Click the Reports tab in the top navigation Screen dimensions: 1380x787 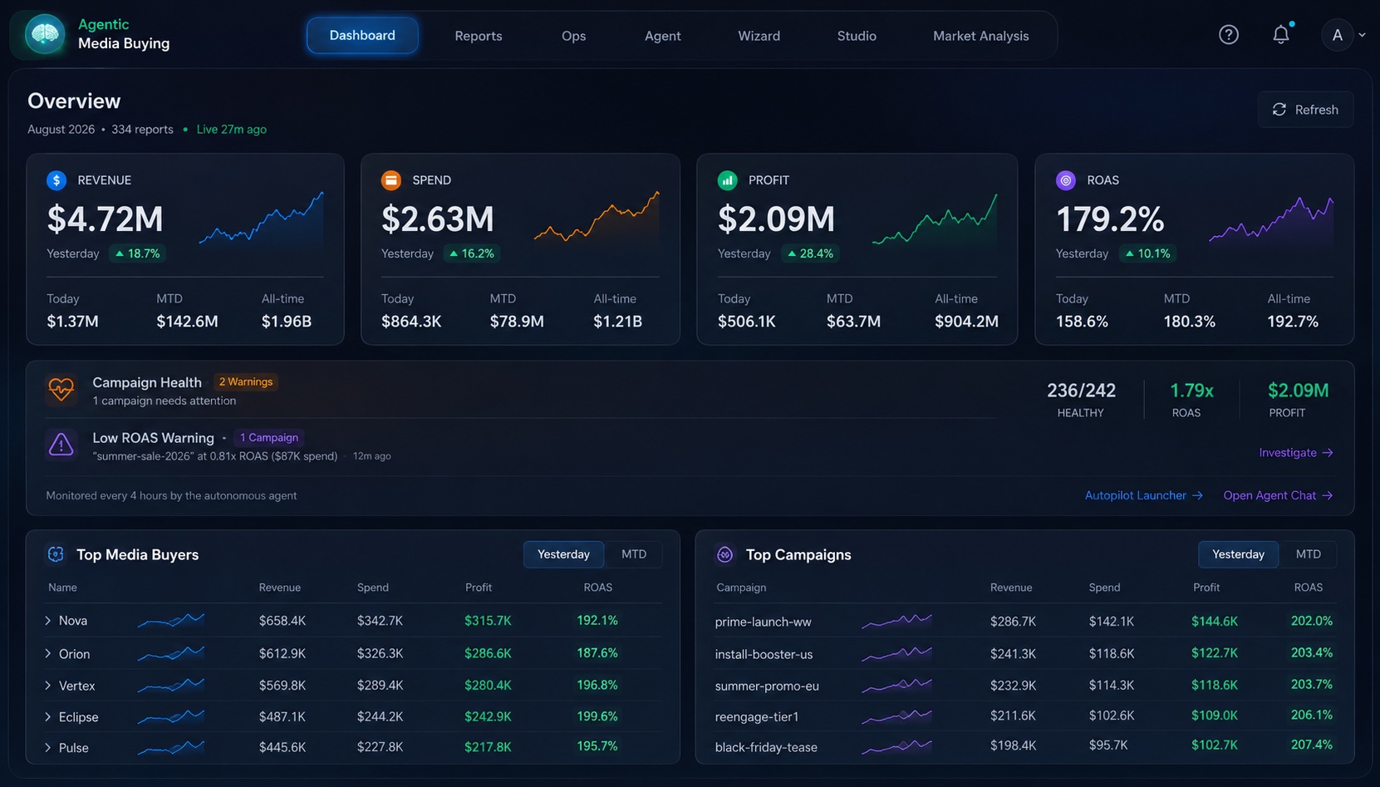(478, 36)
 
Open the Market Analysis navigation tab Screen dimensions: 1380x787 (980, 36)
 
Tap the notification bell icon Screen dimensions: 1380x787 (1281, 35)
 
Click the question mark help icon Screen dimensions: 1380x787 (1229, 35)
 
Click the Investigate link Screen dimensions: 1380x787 (1295, 452)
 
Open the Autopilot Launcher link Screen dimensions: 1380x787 (1143, 495)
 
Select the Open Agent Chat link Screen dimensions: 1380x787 (1278, 495)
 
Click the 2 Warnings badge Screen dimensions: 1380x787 (246, 382)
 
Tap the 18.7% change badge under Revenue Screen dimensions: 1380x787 (137, 253)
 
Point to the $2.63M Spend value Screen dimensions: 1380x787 (437, 219)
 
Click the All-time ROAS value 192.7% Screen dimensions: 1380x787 (1293, 322)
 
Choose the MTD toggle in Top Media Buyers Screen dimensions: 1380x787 (633, 554)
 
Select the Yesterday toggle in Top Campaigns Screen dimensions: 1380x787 (1238, 554)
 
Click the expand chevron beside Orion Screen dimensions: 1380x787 (48, 653)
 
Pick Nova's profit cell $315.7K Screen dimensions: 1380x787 (488, 621)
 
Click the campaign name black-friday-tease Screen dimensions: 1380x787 (766, 747)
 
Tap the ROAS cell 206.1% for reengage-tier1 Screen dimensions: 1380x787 (1312, 715)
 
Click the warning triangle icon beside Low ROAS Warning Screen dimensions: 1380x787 (61, 444)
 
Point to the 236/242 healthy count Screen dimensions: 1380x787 (1081, 390)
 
